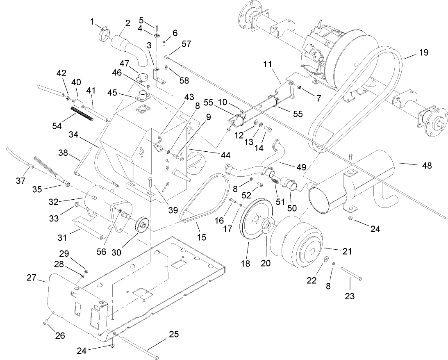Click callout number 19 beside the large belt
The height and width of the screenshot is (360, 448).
(x=423, y=52)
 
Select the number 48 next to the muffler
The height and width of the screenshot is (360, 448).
(x=426, y=166)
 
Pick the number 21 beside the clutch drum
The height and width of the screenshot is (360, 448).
(x=347, y=252)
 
